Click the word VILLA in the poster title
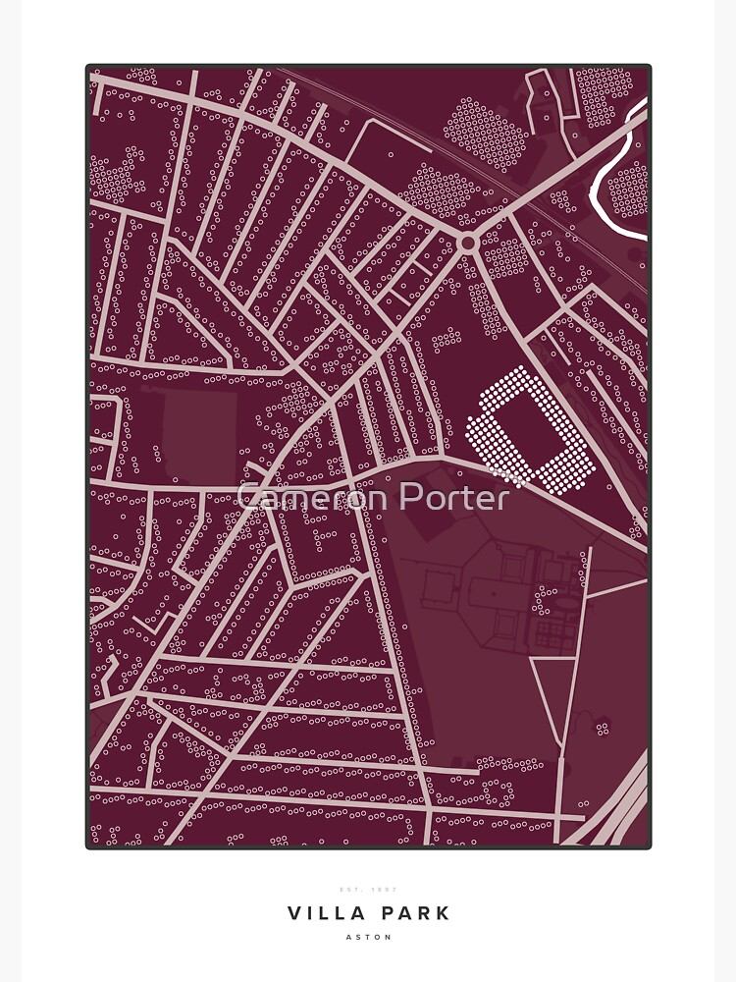click(323, 913)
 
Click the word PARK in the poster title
click(413, 913)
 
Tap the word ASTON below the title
click(368, 937)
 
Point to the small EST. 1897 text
click(368, 890)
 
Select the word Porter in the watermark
click(447, 497)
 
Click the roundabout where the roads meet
click(468, 242)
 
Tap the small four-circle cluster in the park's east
click(602, 728)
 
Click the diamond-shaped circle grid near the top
click(487, 133)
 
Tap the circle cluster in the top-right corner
click(603, 95)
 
